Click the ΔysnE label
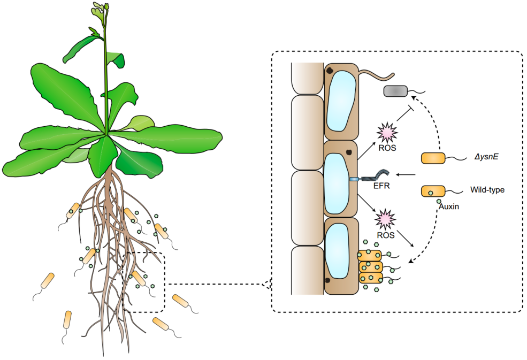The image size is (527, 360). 485,158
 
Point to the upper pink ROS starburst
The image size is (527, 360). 386,131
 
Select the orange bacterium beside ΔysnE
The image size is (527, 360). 433,158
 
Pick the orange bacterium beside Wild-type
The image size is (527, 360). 433,191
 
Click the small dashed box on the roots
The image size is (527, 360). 143,282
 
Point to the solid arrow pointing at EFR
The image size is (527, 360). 407,174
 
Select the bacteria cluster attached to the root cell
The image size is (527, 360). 371,266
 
